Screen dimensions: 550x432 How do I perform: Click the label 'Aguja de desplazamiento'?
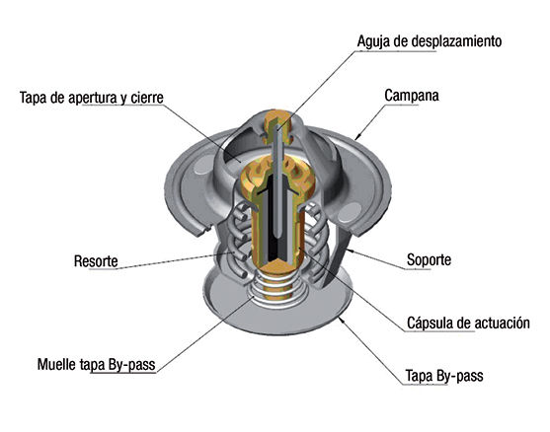[x=430, y=41]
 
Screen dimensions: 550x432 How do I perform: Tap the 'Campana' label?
[x=412, y=96]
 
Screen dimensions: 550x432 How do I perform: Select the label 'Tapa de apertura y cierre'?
[x=92, y=98]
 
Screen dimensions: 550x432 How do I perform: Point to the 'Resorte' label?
[x=96, y=261]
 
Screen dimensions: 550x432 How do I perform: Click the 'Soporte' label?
[x=429, y=260]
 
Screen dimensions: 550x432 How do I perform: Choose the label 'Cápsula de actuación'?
[x=468, y=323]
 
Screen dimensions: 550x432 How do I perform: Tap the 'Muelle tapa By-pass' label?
[x=97, y=364]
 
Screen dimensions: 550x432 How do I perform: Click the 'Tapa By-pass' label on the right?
[x=444, y=376]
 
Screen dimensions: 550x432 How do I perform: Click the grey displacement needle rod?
[x=277, y=179]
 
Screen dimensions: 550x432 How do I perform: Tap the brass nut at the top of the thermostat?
[x=277, y=125]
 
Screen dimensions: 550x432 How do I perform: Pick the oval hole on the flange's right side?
[x=349, y=212]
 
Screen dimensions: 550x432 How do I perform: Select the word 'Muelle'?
[x=56, y=364]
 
